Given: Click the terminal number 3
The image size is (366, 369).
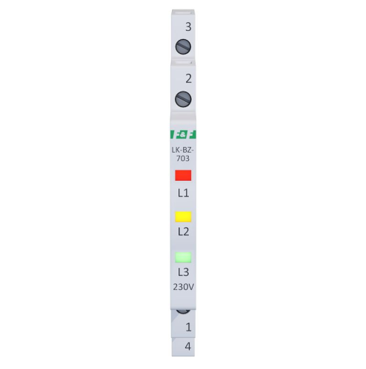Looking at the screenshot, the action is [x=188, y=27].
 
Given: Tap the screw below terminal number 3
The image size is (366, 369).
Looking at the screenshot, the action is [x=183, y=46].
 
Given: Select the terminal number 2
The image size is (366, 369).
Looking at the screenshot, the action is [x=188, y=78].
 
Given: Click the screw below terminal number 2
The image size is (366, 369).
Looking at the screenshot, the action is [x=183, y=99].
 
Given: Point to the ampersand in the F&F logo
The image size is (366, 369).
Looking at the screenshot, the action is [x=183, y=134].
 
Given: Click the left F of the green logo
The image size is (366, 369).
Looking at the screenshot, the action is [x=175, y=134].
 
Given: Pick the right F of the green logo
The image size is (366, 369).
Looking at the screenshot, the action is [x=192, y=134].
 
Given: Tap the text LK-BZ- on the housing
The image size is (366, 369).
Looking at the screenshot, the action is [x=183, y=150].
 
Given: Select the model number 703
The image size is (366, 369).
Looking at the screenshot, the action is [x=183, y=159].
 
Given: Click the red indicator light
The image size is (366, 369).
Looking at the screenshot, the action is [x=183, y=176].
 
